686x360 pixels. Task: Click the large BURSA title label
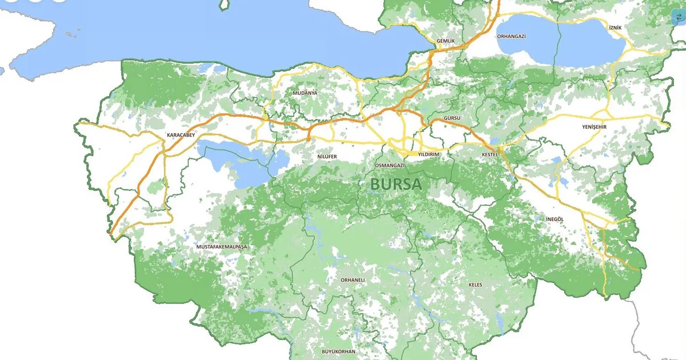pyautogui.click(x=396, y=184)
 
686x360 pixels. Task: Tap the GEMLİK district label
pyautogui.click(x=445, y=41)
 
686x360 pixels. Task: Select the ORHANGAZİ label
pyautogui.click(x=511, y=36)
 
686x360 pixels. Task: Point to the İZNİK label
pyautogui.click(x=615, y=27)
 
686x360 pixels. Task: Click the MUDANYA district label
pyautogui.click(x=304, y=93)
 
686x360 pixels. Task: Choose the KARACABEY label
pyautogui.click(x=181, y=135)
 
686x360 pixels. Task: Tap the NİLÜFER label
pyautogui.click(x=327, y=156)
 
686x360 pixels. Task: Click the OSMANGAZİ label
pyautogui.click(x=389, y=165)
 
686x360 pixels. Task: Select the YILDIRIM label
pyautogui.click(x=428, y=154)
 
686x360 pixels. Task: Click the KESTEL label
pyautogui.click(x=490, y=154)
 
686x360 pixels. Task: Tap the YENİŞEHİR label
pyautogui.click(x=594, y=127)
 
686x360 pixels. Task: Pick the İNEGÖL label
pyautogui.click(x=555, y=219)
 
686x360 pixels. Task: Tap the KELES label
pyautogui.click(x=475, y=284)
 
